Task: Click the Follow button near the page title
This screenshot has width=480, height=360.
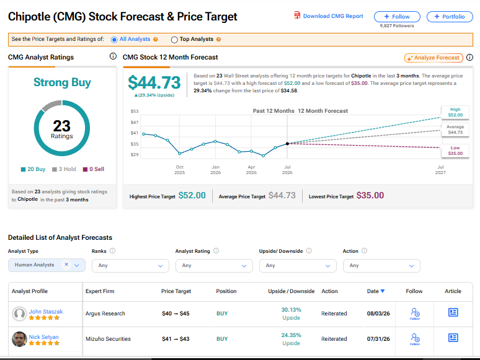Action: (397, 17)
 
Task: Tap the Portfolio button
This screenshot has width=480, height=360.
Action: (450, 17)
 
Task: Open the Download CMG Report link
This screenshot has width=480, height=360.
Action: (329, 16)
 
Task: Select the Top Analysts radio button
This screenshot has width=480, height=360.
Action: (174, 40)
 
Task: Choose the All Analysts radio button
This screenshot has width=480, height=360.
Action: (114, 40)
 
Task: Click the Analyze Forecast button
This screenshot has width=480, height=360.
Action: (433, 58)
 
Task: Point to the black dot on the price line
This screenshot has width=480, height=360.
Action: (287, 144)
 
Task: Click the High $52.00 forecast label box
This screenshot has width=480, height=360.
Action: (455, 112)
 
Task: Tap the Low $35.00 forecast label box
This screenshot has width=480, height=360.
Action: (455, 151)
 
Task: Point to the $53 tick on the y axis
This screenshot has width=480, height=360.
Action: (135, 111)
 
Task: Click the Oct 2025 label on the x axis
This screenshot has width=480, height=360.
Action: (180, 170)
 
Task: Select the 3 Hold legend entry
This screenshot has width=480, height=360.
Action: (64, 169)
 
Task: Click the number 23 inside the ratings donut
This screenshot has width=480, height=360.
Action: (62, 126)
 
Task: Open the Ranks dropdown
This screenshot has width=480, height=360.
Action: (130, 265)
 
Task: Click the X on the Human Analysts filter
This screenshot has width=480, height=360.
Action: (66, 264)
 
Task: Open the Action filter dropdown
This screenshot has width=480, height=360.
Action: (381, 265)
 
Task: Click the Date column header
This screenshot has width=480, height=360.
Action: (376, 291)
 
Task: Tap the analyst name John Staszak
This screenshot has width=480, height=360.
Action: (46, 312)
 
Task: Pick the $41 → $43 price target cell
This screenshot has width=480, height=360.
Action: (176, 339)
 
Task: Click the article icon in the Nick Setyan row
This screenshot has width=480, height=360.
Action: (453, 338)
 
